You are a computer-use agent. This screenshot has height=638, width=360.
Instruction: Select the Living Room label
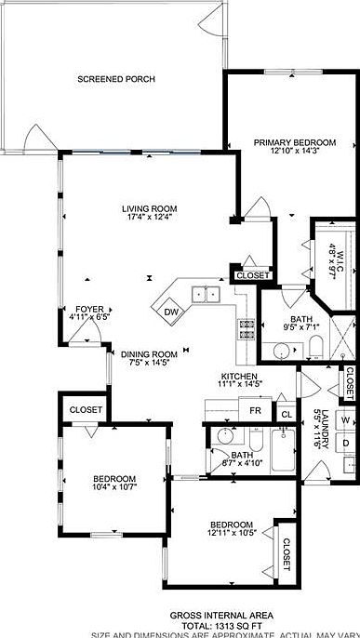[150, 209]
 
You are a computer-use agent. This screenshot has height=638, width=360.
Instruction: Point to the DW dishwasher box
[171, 312]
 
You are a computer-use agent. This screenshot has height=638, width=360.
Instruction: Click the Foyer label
[90, 308]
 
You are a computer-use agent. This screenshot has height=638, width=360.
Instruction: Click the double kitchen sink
[206, 296]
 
